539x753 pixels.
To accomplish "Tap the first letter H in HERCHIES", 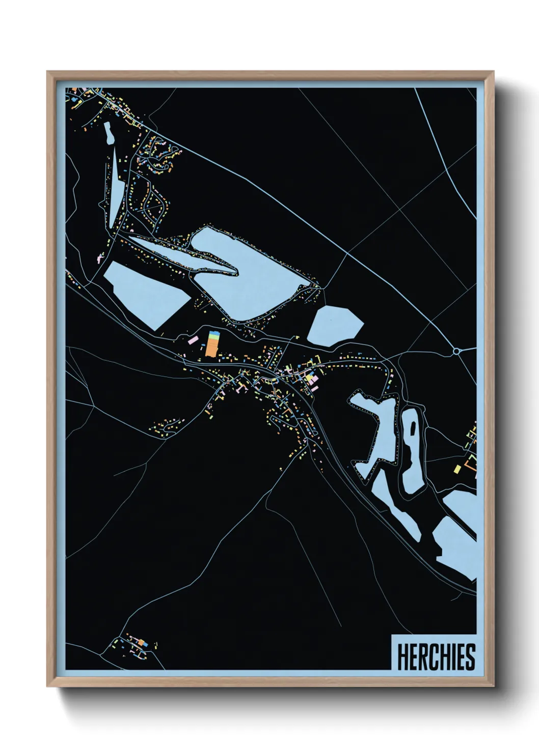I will (402, 657).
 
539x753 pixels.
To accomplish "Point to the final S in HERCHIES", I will (470, 657).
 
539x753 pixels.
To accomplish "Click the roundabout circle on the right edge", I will (456, 351).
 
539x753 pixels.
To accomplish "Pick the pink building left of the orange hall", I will (193, 340).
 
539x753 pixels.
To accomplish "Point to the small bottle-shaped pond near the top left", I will (109, 133).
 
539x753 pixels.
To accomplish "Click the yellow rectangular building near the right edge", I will (457, 468).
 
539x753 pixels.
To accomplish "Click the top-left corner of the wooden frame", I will (48, 72).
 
